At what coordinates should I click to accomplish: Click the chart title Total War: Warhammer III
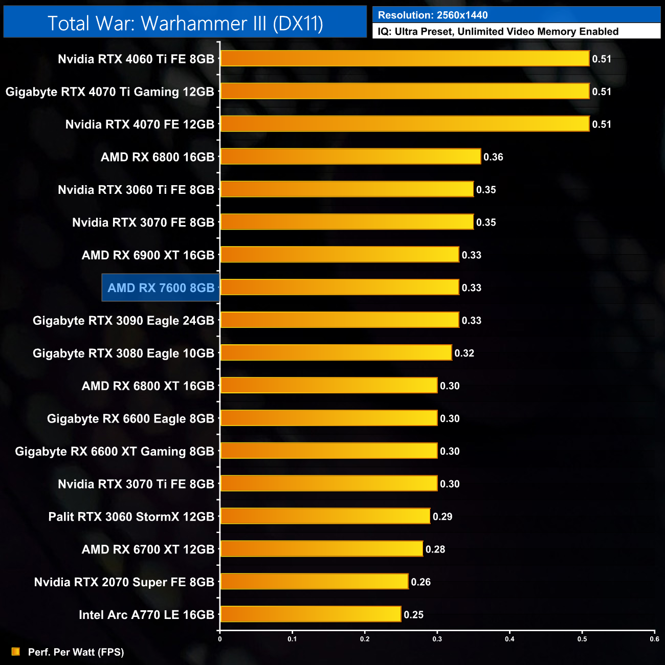coord(185,24)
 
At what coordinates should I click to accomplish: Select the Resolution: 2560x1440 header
coord(433,15)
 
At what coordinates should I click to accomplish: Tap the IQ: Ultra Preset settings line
coord(498,32)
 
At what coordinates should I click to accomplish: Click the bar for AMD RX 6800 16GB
coord(350,157)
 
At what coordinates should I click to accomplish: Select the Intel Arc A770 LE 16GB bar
coord(311,614)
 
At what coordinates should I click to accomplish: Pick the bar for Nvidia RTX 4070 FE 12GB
coord(405,124)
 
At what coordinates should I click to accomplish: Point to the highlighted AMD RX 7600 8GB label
coord(161,288)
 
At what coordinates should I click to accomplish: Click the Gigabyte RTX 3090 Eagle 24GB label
coord(123,321)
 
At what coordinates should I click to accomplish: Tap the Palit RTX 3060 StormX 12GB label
coord(131,517)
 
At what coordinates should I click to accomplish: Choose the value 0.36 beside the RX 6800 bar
coord(493,157)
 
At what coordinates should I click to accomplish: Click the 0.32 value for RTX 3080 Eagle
coord(464,353)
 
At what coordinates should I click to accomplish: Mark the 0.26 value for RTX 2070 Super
coord(420,582)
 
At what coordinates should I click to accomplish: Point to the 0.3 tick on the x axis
coord(437,639)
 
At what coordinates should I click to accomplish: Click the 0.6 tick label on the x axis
coord(654,639)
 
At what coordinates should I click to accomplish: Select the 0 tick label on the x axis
coord(220,639)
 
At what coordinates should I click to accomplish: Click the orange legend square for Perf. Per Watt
coord(16,652)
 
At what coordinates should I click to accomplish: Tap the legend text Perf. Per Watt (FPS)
coord(76,652)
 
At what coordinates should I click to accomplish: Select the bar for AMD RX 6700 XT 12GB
coord(322,549)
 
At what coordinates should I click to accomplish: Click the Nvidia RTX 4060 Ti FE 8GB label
coord(136,59)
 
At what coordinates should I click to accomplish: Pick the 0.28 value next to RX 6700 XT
coord(435,549)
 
